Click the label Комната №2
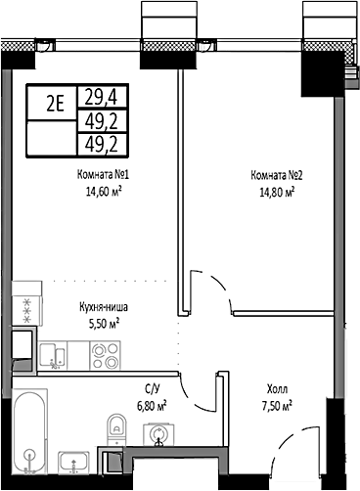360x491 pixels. (x=277, y=176)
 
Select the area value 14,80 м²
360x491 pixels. (x=277, y=192)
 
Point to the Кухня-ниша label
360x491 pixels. (x=104, y=306)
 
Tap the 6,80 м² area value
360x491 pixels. (x=150, y=404)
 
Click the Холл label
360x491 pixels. (x=278, y=388)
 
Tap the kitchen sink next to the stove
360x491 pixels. (x=54, y=355)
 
